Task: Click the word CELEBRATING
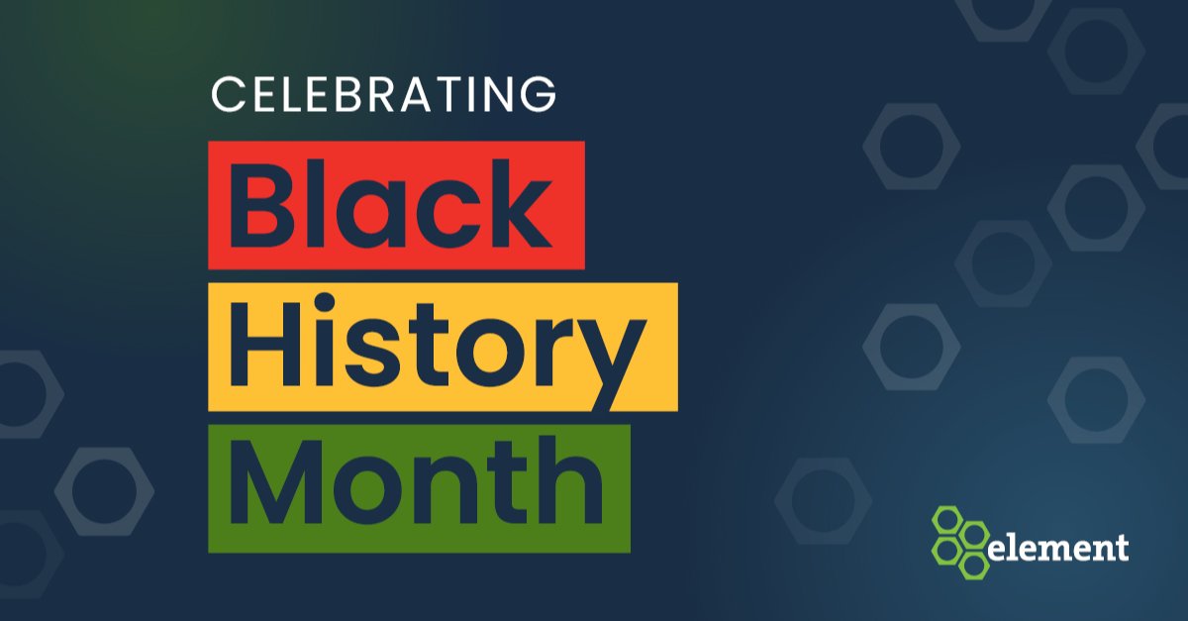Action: (x=383, y=96)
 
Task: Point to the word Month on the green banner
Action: (x=417, y=487)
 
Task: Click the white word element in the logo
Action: (x=1058, y=548)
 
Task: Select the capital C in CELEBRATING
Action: (x=228, y=96)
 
